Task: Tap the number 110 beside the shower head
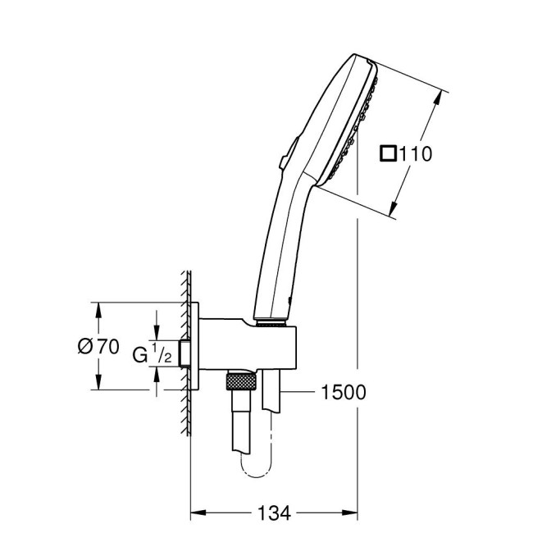click(x=416, y=153)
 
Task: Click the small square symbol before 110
click(x=389, y=153)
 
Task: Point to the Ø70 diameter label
click(x=98, y=347)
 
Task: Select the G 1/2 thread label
click(x=152, y=354)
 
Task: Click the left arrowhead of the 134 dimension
click(x=197, y=514)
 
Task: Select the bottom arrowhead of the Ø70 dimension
click(x=98, y=385)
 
